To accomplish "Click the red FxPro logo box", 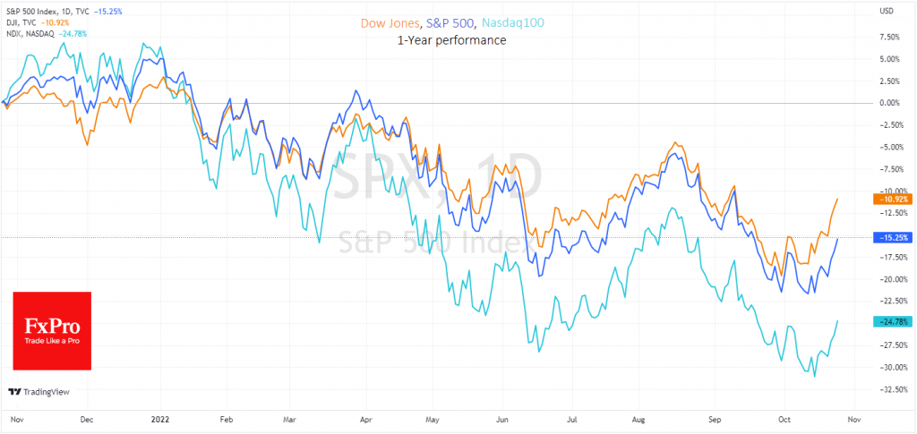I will click(52, 330).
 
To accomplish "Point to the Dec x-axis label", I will click(87, 418).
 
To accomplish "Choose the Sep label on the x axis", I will click(715, 418).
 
